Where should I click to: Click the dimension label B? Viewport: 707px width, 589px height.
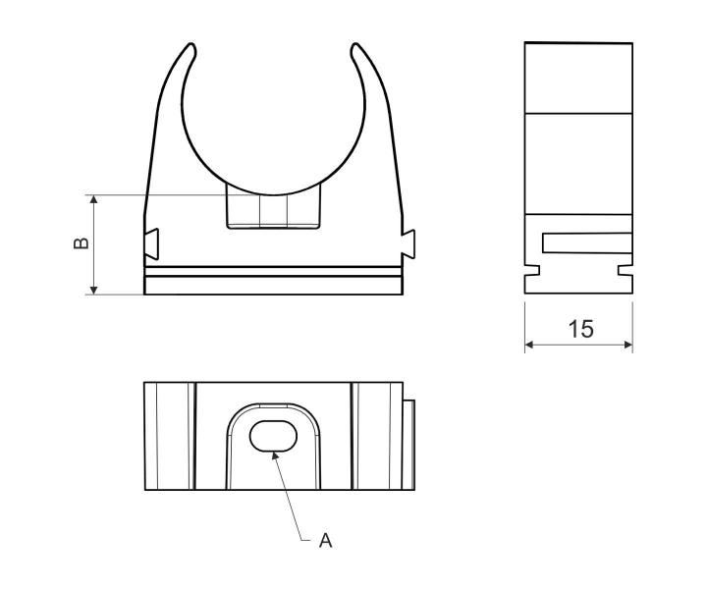(82, 242)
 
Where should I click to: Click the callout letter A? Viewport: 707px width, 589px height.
(326, 540)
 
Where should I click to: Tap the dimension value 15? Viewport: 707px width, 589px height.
(580, 329)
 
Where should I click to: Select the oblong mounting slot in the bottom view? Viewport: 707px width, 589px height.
(273, 436)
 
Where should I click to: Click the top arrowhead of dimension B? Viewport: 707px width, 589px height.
(94, 199)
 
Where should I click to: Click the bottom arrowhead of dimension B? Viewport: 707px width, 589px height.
(94, 290)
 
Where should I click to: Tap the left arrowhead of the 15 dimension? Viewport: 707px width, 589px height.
(530, 345)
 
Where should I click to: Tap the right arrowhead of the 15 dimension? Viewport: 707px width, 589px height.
(627, 345)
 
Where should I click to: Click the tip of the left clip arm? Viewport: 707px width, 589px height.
(191, 44)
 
